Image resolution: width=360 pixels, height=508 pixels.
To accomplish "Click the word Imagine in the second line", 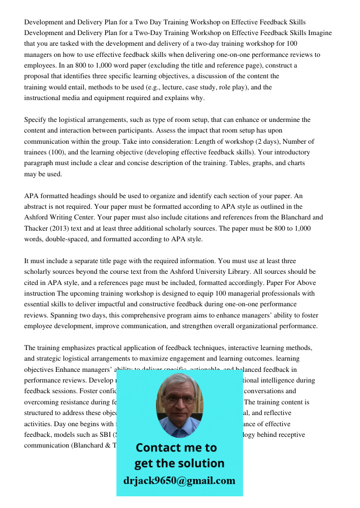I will click(319, 33).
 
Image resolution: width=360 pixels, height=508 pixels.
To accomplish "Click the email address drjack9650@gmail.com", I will click(179, 481).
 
